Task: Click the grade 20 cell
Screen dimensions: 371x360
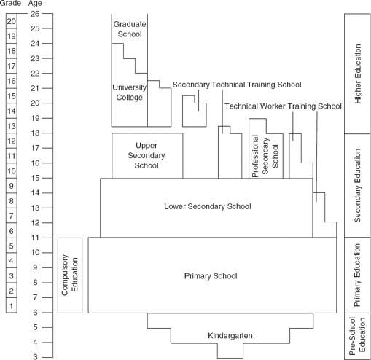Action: [x=12, y=21]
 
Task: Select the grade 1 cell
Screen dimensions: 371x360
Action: [x=12, y=305]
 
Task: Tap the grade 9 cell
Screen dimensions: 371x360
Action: [x=12, y=186]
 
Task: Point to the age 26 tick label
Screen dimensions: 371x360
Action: [x=35, y=14]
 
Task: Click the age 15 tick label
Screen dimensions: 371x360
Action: [x=35, y=178]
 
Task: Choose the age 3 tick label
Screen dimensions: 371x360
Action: [x=36, y=357]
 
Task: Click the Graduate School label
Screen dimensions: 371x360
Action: [x=130, y=29]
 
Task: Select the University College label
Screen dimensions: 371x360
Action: [x=130, y=93]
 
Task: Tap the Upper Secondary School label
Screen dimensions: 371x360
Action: [x=147, y=155]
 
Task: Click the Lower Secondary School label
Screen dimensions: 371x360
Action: [x=208, y=206]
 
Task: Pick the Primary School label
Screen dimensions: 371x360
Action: [x=211, y=276]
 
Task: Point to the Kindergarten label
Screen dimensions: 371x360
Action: [x=230, y=335]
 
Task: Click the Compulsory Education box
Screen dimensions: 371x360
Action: [x=70, y=275]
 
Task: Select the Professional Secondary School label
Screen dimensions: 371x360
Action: [x=265, y=156]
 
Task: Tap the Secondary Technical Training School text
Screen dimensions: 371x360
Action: [x=237, y=85]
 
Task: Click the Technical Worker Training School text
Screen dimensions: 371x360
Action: [x=283, y=106]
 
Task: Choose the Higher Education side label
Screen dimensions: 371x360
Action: [x=358, y=74]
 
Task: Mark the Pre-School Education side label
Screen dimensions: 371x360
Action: [x=357, y=334]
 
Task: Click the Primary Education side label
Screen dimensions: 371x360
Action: [x=358, y=275]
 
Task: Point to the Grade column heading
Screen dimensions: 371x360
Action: [x=10, y=3]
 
